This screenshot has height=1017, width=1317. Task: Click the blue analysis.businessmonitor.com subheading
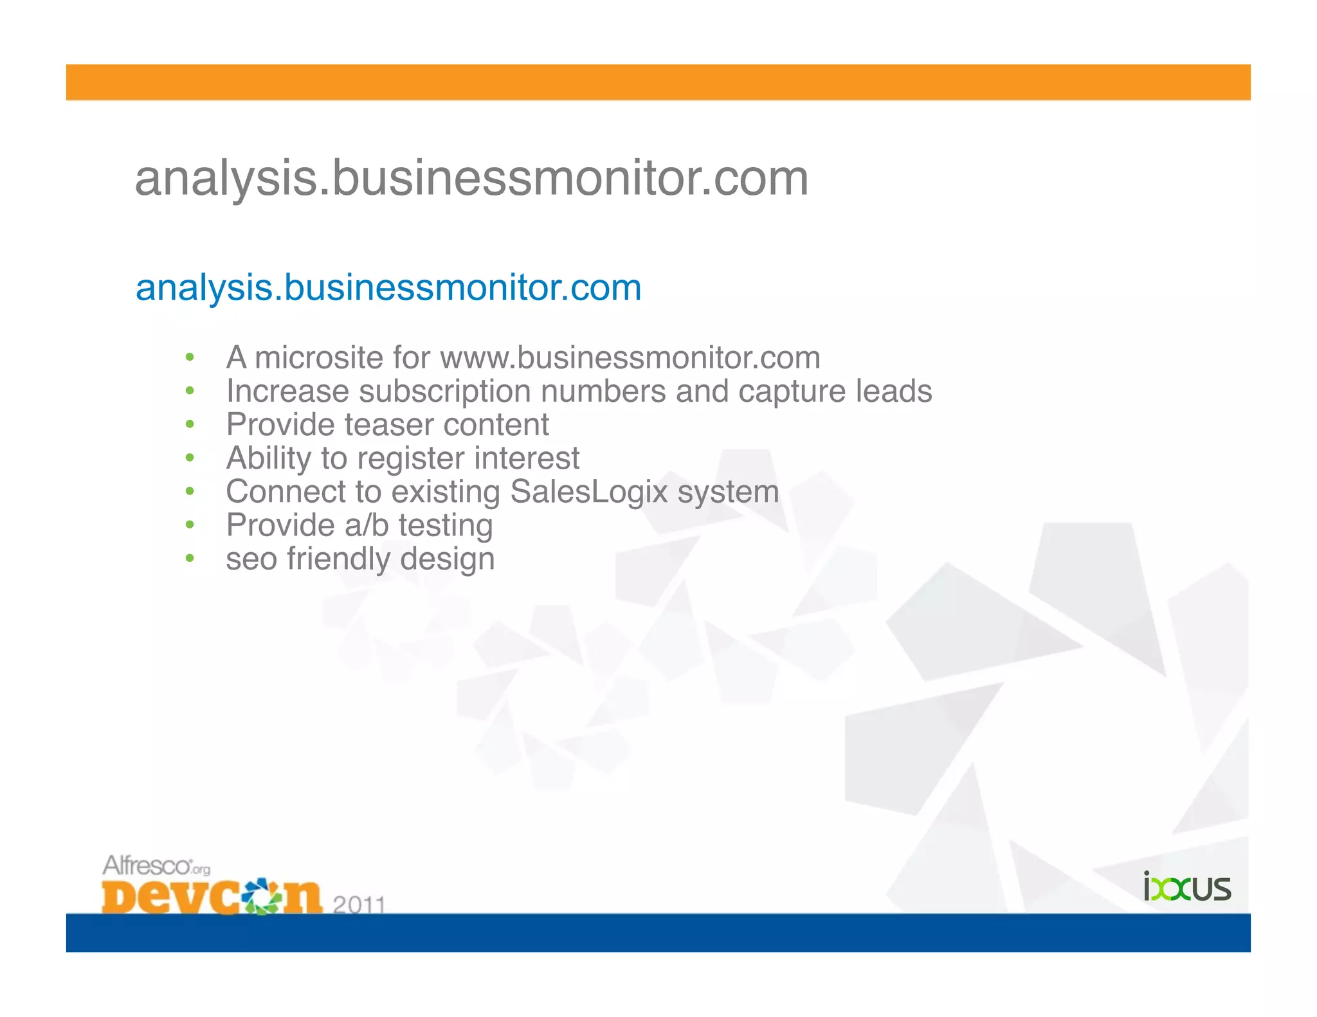[388, 287]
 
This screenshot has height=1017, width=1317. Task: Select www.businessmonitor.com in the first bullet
[630, 357]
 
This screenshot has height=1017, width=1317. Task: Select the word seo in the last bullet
[251, 559]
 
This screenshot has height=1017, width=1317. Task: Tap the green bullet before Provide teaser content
[190, 424]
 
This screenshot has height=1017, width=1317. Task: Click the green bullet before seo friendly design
[190, 559]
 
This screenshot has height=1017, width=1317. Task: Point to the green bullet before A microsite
[190, 357]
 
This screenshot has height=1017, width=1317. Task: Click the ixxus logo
[1186, 888]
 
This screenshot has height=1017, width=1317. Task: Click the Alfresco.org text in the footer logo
[156, 866]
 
